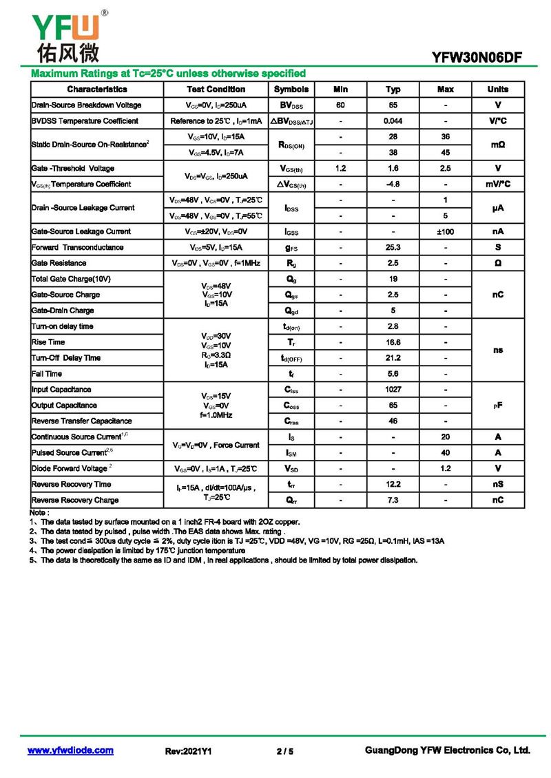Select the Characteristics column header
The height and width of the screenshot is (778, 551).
tap(97, 90)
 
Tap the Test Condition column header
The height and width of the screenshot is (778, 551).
tap(216, 90)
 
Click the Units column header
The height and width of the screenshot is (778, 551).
tap(497, 90)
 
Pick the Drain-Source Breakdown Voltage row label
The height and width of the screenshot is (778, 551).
tap(87, 105)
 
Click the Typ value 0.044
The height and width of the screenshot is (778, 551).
tap(393, 121)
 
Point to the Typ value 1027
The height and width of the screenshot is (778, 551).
tap(393, 390)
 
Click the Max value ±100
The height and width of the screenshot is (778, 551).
tap(445, 231)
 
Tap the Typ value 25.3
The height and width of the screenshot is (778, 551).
tap(393, 247)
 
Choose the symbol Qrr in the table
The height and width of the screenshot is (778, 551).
tap(291, 500)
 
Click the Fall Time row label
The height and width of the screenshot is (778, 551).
tap(47, 374)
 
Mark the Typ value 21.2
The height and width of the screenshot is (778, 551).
tap(393, 358)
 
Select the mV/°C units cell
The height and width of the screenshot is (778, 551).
tap(497, 185)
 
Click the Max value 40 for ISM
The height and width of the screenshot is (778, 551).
tap(445, 453)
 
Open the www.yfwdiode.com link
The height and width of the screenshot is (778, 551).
tap(70, 750)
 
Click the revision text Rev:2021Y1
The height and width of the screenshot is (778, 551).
tap(188, 751)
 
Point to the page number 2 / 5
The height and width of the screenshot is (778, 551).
tap(284, 751)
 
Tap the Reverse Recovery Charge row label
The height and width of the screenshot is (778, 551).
tap(75, 500)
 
